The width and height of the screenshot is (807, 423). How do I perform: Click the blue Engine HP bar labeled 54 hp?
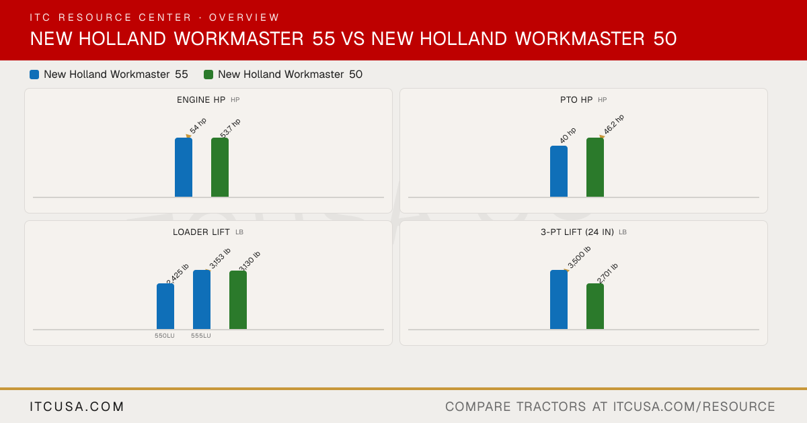(184, 167)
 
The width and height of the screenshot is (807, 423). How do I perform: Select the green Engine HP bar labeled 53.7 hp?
(220, 167)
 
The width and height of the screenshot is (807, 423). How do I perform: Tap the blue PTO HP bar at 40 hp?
(559, 171)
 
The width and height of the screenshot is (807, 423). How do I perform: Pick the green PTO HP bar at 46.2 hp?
(595, 167)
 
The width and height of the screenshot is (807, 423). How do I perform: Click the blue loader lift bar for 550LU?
(165, 306)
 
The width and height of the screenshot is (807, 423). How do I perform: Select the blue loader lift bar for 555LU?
(202, 299)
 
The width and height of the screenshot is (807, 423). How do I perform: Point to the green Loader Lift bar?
(238, 300)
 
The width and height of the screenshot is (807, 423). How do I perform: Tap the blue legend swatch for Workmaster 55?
(34, 75)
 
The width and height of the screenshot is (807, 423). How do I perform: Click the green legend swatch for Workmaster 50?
(208, 75)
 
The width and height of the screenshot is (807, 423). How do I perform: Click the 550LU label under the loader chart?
(165, 336)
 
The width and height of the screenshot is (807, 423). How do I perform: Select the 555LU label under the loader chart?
(201, 336)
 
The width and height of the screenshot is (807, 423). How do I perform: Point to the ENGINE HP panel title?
(201, 100)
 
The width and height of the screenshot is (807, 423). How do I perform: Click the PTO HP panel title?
(576, 100)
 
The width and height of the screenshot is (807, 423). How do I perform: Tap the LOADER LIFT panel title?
(201, 232)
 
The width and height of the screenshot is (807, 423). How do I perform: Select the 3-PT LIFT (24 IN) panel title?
(577, 232)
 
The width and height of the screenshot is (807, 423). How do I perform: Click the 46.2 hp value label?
(614, 124)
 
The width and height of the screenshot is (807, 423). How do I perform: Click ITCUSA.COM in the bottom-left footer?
(77, 407)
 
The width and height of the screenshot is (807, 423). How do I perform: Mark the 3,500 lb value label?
(579, 257)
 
